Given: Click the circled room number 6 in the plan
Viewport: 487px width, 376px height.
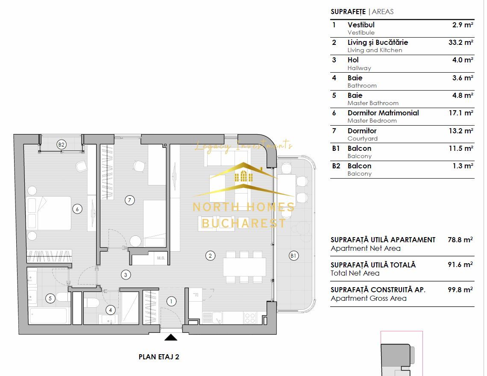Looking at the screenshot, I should point(77,209).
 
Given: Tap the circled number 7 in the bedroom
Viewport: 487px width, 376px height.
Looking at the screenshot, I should point(129,200).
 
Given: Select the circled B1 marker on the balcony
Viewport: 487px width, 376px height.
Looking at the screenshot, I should point(293,256).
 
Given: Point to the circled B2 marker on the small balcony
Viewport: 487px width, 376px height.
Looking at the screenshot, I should point(62,145).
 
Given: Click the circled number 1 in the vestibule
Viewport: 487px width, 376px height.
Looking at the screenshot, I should point(171,301).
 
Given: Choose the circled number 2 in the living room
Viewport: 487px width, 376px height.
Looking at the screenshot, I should point(210,256).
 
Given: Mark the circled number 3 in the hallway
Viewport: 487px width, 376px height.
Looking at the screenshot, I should point(126,275).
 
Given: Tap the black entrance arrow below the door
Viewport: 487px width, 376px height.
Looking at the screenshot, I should point(171,338).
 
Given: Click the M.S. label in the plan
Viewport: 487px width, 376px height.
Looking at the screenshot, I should point(161,258).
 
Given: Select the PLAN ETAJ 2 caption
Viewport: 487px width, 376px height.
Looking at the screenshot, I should point(159,357).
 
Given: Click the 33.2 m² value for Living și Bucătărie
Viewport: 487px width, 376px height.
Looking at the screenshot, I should point(463,42).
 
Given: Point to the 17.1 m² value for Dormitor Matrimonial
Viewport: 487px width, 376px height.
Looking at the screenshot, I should point(463,113).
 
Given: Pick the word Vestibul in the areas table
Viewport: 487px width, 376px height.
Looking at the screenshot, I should point(361,25).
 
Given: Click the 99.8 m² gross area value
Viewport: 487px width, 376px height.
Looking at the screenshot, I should point(463,290).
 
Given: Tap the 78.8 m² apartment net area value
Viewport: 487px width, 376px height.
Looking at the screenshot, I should point(463,240).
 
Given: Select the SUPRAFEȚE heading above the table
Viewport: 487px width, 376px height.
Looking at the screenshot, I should point(348,12).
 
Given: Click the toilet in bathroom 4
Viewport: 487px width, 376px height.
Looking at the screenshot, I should point(91,303).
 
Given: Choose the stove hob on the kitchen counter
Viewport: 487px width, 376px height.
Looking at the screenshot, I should point(250,318).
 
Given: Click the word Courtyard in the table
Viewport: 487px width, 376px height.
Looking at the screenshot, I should point(362,138).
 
